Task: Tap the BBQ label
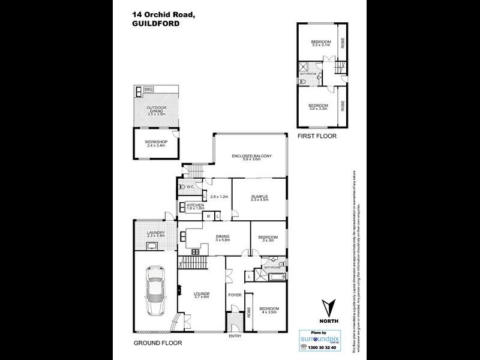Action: pyautogui.click(x=148, y=89)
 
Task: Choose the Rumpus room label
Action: pyautogui.click(x=259, y=198)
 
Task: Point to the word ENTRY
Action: pyautogui.click(x=235, y=335)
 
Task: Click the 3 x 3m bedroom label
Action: pyautogui.click(x=268, y=239)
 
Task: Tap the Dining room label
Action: pyautogui.click(x=223, y=238)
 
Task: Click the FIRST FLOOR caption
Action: pyautogui.click(x=317, y=136)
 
